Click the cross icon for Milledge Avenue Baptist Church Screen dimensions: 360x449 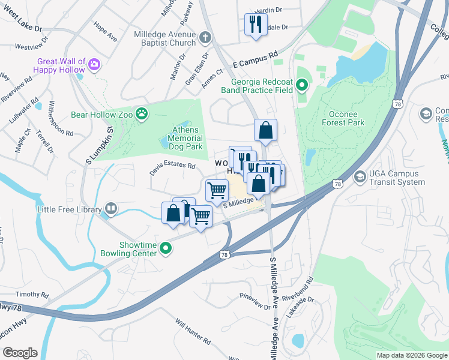[x=205, y=38]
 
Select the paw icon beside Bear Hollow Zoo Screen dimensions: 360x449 [x=142, y=114]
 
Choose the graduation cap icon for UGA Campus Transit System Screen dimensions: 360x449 [x=360, y=176]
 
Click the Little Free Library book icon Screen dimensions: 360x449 [x=110, y=209]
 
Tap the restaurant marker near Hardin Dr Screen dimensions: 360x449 [x=256, y=24]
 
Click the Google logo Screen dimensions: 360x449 [x=20, y=353]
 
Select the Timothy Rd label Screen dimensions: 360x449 [x=32, y=295]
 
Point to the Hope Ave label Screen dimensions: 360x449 [x=106, y=32]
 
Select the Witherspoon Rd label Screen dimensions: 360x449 [x=62, y=118]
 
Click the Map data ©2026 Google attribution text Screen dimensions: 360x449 [x=411, y=355]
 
